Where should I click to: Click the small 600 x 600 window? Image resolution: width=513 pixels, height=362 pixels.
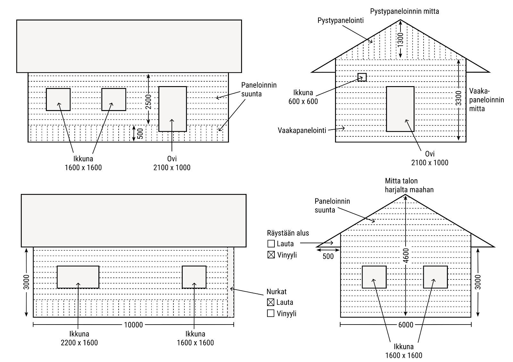(x=362, y=77)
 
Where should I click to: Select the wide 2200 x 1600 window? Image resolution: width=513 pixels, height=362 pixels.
(x=78, y=277)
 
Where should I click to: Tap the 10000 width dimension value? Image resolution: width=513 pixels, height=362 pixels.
(x=133, y=325)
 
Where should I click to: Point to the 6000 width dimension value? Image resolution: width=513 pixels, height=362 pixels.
(x=406, y=325)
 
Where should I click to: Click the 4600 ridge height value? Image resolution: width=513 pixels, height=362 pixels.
(x=406, y=255)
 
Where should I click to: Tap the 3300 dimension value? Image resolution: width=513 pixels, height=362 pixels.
(x=459, y=98)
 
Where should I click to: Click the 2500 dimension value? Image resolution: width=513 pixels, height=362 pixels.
(x=148, y=101)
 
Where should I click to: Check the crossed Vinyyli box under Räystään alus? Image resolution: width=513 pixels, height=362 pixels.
(x=271, y=255)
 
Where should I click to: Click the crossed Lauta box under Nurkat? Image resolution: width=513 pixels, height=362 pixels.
(x=271, y=302)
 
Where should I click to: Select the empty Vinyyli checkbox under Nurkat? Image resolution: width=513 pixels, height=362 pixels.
(x=271, y=313)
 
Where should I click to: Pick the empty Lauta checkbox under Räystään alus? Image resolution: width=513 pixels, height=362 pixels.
(x=271, y=244)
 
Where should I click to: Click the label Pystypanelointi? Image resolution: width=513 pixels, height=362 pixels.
(x=341, y=20)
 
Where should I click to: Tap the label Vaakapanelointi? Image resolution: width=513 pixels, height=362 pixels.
(x=302, y=130)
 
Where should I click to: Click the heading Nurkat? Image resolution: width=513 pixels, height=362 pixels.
(x=276, y=292)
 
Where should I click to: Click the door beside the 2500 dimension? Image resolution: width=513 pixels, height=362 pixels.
(x=172, y=109)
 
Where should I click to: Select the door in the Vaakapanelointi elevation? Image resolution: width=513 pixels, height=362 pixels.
(x=400, y=109)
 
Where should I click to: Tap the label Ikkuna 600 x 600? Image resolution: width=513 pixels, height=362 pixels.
(x=303, y=97)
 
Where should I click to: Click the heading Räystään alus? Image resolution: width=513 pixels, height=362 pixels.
(x=288, y=233)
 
